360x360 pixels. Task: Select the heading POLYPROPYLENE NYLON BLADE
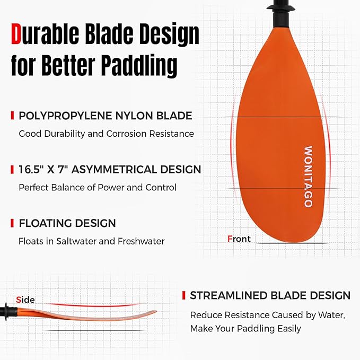pyautogui.click(x=106, y=116)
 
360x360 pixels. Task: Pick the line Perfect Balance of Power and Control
pyautogui.click(x=98, y=187)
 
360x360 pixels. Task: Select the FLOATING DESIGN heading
pyautogui.click(x=67, y=223)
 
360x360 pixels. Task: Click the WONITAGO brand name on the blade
pyautogui.click(x=308, y=177)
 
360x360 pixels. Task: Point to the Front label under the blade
pyautogui.click(x=239, y=239)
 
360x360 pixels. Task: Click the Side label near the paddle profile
pyautogui.click(x=25, y=300)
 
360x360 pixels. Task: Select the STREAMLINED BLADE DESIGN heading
pyautogui.click(x=270, y=295)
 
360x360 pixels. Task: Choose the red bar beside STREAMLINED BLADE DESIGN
pyautogui.click(x=184, y=295)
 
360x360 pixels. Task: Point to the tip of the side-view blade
pyautogui.click(x=155, y=312)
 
